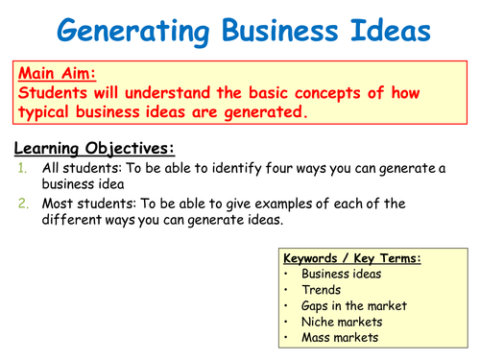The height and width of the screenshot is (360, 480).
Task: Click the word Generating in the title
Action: pyautogui.click(x=125, y=32)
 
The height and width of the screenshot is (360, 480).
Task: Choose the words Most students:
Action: pyautogui.click(x=84, y=204)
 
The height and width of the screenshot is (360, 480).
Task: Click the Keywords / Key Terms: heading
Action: pyautogui.click(x=353, y=258)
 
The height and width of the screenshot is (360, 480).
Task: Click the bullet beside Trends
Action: pyautogui.click(x=289, y=289)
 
